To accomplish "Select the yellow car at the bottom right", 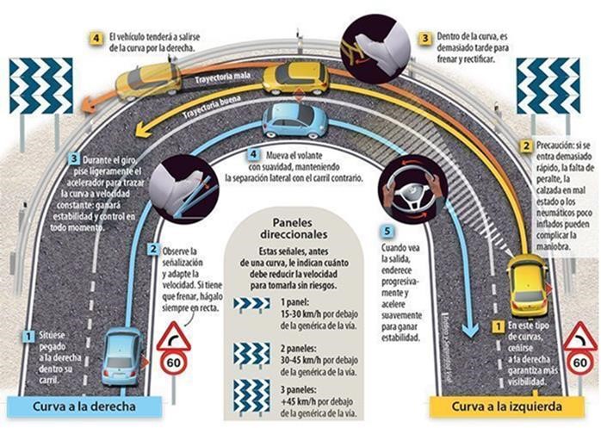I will point(526,285).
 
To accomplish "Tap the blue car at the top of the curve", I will point(295,120).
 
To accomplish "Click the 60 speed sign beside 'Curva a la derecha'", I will point(173,362).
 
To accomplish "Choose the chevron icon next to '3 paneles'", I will point(251,395).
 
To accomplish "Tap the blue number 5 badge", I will point(387,231).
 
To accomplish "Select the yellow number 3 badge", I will point(424,39).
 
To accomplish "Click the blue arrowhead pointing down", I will point(468,328).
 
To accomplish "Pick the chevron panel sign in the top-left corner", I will point(40,86).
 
